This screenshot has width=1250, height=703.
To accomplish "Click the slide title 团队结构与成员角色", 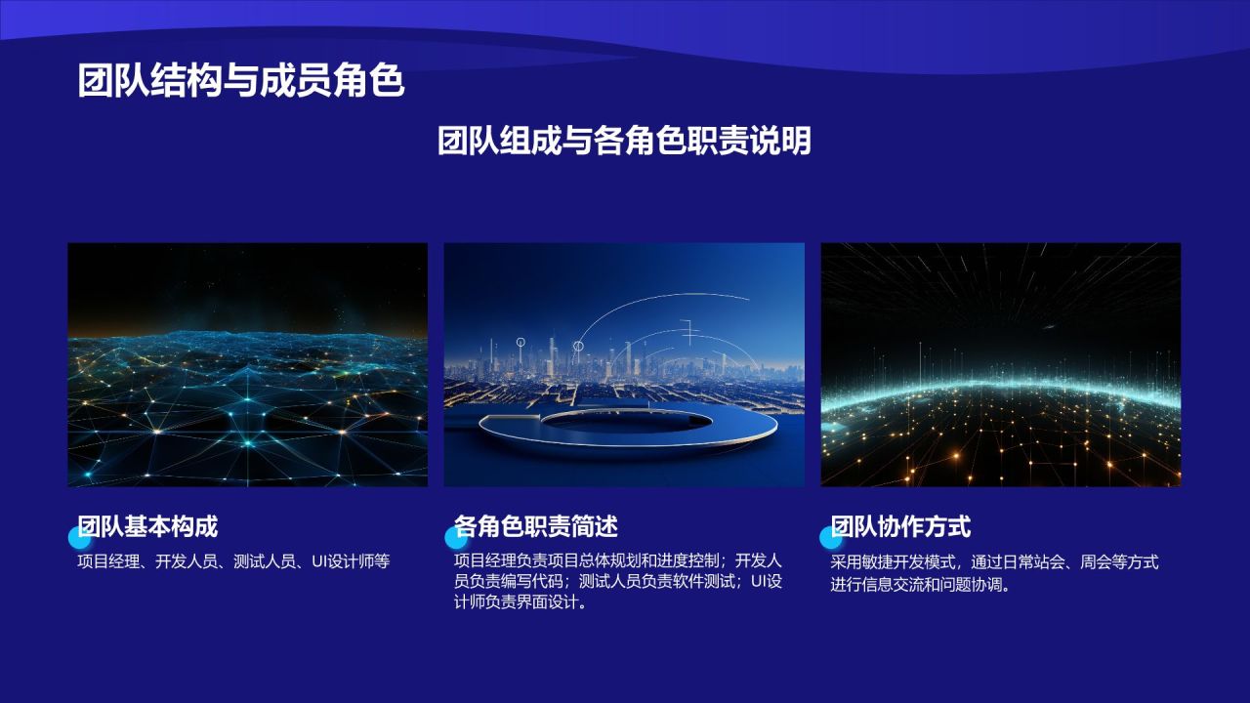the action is (x=240, y=81).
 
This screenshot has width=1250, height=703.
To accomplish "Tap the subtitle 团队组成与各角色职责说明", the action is (x=624, y=141).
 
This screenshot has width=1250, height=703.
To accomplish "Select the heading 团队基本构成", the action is (x=147, y=526).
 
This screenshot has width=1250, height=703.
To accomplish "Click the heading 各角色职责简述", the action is (x=536, y=526).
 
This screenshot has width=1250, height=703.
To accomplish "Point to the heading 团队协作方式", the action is (x=900, y=526).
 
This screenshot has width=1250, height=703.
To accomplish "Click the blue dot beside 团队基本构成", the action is (x=80, y=538).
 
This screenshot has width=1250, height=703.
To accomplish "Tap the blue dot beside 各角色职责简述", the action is (x=456, y=538).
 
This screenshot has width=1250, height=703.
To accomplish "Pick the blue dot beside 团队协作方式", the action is (x=831, y=538).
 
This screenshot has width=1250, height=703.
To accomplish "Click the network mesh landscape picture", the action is (x=248, y=365).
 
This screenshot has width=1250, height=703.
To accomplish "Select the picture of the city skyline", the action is (x=624, y=365).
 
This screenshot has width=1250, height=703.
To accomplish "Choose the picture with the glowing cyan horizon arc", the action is (x=1001, y=365).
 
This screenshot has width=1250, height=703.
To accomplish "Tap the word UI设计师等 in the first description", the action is (x=351, y=561).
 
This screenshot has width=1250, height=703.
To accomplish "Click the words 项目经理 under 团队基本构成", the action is (x=108, y=561).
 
